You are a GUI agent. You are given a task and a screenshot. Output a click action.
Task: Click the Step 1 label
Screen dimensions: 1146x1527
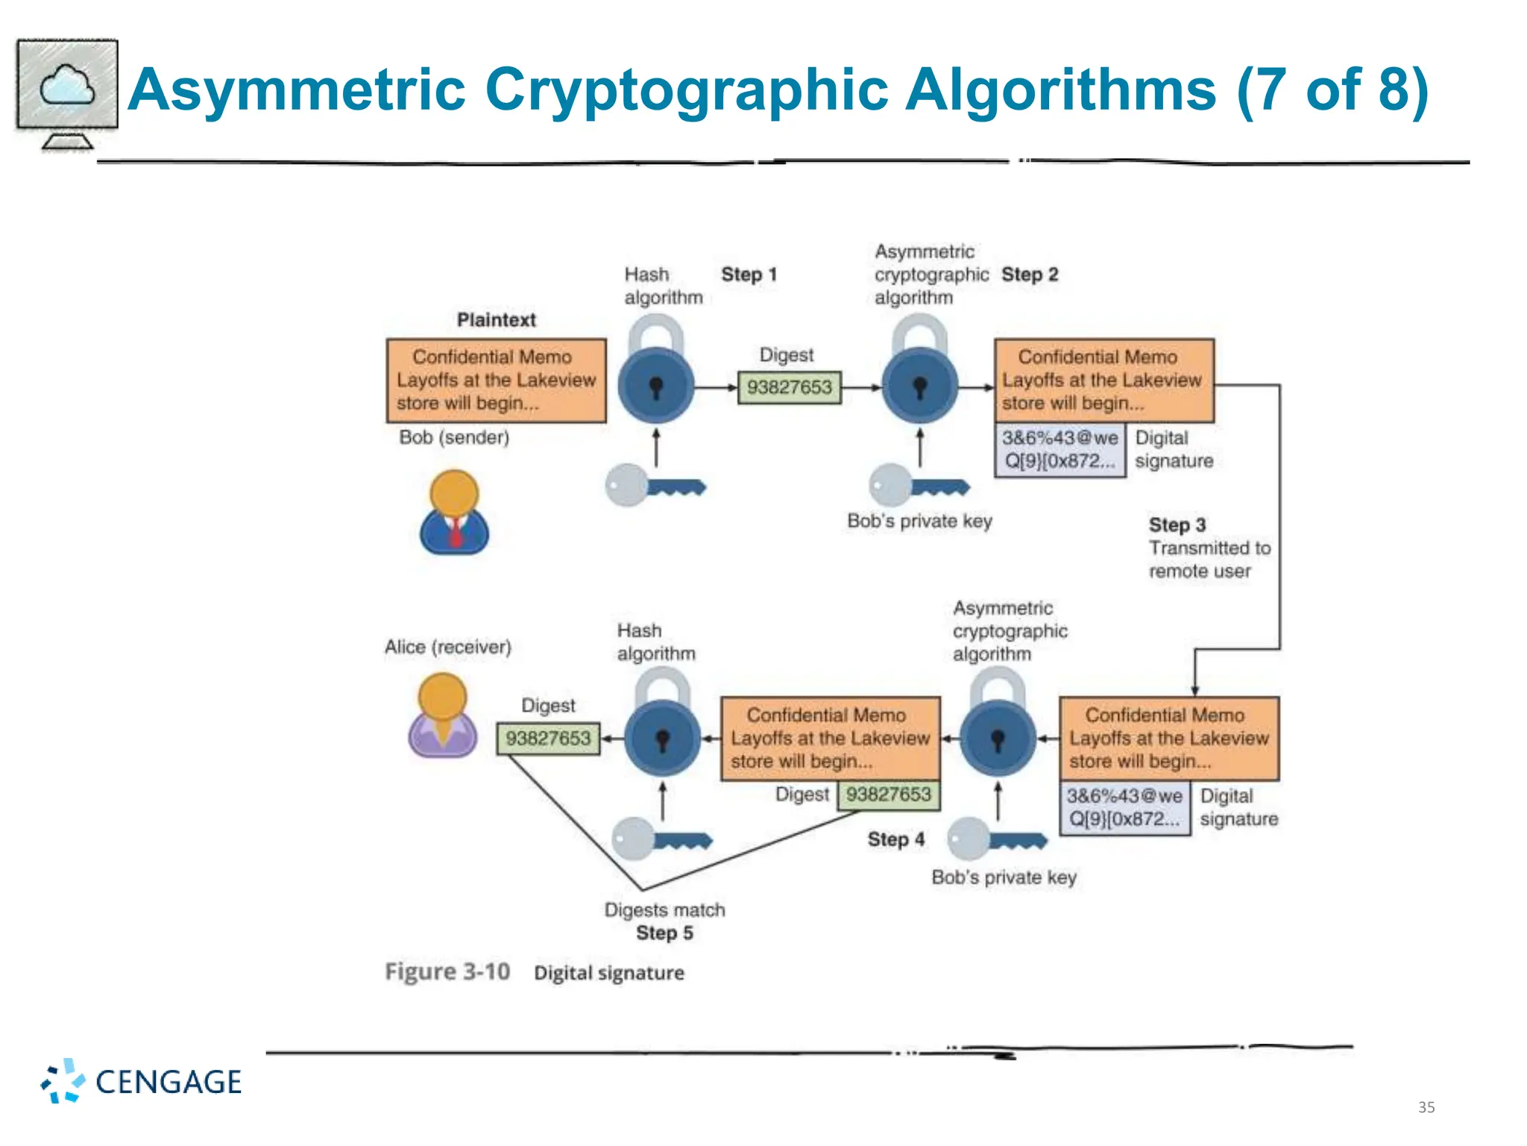(749, 275)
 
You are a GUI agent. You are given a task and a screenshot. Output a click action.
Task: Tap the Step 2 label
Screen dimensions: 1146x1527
(1029, 275)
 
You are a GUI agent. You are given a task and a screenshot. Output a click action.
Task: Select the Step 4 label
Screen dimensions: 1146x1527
(895, 839)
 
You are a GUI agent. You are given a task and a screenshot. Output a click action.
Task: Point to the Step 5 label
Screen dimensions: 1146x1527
(664, 933)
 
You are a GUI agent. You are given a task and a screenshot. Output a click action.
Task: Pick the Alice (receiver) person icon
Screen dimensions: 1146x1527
(442, 716)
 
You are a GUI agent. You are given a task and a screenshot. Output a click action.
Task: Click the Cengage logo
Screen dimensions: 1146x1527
(142, 1081)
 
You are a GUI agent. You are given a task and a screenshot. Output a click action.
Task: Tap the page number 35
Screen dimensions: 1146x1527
(1426, 1107)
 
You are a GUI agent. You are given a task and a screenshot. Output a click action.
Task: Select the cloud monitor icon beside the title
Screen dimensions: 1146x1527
(67, 94)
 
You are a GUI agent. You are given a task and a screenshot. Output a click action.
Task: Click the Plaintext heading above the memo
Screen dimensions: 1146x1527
(496, 320)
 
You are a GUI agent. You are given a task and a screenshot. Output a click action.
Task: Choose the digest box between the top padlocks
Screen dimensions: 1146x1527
(789, 387)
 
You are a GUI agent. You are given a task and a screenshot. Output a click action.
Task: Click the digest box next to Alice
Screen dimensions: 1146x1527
(548, 739)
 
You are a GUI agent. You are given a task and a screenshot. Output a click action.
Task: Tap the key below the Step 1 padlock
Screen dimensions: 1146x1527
(655, 486)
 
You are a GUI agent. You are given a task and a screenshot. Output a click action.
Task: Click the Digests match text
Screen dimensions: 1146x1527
(664, 910)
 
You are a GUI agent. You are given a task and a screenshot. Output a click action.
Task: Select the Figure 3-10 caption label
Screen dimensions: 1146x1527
(447, 971)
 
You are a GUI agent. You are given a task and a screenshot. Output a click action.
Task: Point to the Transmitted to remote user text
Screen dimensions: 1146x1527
(1209, 560)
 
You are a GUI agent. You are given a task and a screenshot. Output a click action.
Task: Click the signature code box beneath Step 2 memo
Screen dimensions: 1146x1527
(1060, 450)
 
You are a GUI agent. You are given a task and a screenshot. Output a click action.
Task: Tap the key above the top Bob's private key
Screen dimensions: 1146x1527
(919, 486)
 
